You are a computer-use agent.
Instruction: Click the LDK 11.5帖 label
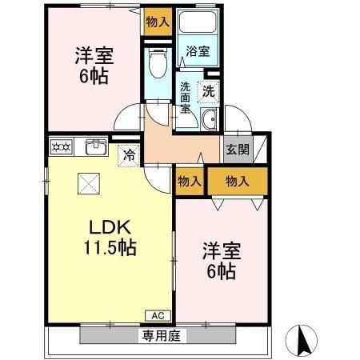[x=110, y=236]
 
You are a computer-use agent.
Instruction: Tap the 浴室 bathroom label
[x=198, y=51]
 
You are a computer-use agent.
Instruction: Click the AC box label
[x=157, y=314]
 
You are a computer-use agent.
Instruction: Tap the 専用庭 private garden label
[x=160, y=336]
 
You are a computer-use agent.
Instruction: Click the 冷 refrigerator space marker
[x=128, y=155]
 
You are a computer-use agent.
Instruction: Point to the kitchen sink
[x=96, y=146]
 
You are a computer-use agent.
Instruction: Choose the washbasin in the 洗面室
[x=209, y=121]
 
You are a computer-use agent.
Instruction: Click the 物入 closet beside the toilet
[x=158, y=22]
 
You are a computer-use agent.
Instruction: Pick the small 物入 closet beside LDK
[x=190, y=182]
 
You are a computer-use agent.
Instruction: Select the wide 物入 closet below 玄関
[x=237, y=182]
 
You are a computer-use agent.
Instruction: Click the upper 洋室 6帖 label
[x=94, y=67]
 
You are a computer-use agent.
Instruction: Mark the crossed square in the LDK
[x=87, y=183]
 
